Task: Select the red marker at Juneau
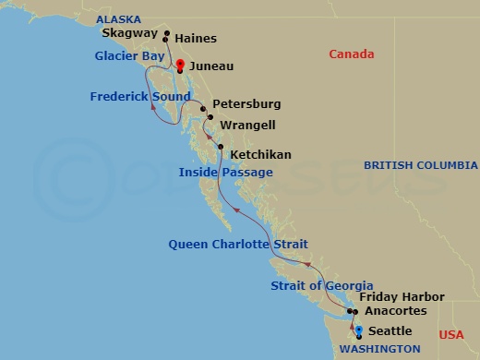(x=180, y=65)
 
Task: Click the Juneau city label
(x=210, y=67)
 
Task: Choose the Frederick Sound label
(x=135, y=96)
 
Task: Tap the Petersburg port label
(x=246, y=104)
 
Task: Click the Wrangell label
(x=246, y=125)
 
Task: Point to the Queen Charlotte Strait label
(x=238, y=244)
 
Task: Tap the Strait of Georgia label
(x=322, y=285)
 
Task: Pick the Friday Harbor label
(x=402, y=297)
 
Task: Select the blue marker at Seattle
(x=358, y=329)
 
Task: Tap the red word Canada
(x=352, y=54)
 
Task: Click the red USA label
(x=452, y=334)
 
